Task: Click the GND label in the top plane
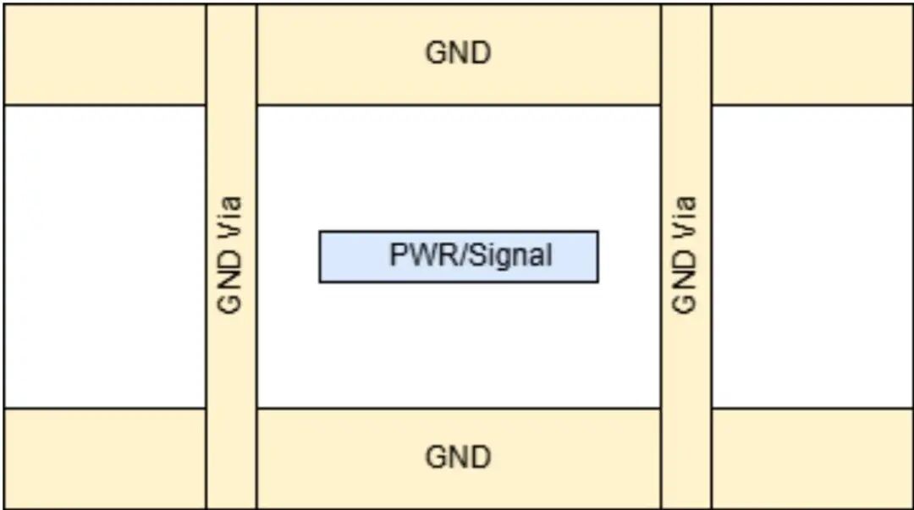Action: coord(458,52)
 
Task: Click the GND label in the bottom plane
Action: coord(458,457)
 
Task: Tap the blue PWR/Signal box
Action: coord(459,257)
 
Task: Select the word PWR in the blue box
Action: coord(414,255)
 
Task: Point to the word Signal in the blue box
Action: coord(512,255)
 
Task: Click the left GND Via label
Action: coord(229,255)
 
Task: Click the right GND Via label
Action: coord(685,255)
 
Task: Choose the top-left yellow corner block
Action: coord(105,55)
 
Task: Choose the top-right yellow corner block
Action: coord(812,55)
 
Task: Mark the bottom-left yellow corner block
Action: coord(105,458)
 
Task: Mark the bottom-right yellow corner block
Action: coord(812,458)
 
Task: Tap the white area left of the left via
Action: coord(105,256)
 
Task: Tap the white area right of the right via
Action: coord(812,256)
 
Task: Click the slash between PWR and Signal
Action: coord(454,255)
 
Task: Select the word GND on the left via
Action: coord(229,282)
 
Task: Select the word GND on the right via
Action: coord(685,282)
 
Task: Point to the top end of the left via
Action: coord(231,5)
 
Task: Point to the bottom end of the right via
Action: coord(686,507)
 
